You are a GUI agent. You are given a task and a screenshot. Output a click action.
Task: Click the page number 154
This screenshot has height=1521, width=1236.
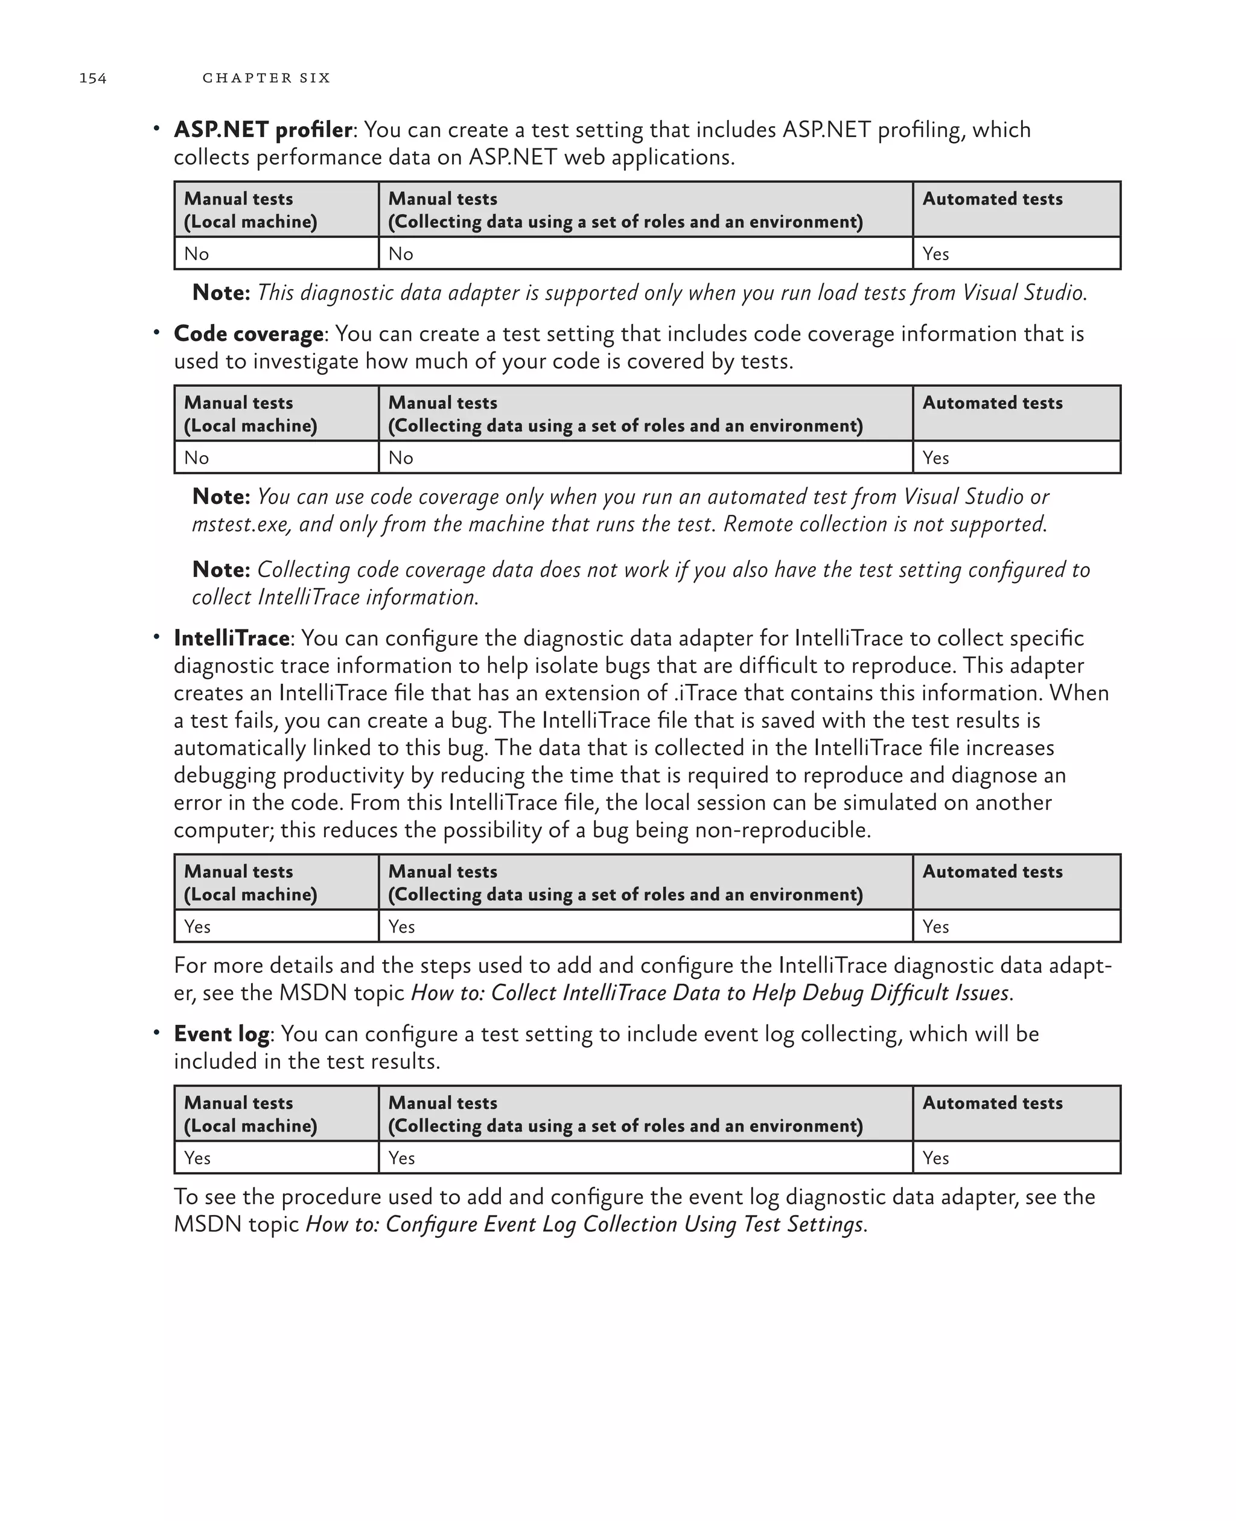[x=92, y=78]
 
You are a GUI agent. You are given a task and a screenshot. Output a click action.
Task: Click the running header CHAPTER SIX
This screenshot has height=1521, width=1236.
[x=266, y=78]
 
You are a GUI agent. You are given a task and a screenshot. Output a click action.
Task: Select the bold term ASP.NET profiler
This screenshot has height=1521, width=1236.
[x=263, y=130]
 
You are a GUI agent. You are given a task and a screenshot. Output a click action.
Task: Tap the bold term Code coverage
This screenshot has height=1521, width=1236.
[x=249, y=333]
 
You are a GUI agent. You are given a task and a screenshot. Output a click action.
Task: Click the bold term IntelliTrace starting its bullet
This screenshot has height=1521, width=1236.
[x=231, y=637]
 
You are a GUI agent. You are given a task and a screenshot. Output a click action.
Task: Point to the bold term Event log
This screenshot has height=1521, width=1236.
[x=221, y=1033]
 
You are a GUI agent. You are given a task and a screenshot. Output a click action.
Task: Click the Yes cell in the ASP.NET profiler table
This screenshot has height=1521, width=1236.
[x=935, y=253]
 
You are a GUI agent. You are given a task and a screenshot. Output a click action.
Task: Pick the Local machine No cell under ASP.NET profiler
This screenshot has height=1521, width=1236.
[x=197, y=253]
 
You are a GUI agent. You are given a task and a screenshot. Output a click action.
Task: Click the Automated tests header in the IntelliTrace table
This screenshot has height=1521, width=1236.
[x=993, y=872]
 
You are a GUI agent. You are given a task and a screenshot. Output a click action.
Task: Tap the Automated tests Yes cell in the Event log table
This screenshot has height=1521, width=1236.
[x=935, y=1158]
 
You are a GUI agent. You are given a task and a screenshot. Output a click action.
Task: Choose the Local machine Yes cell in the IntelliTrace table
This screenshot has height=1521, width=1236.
[x=197, y=926]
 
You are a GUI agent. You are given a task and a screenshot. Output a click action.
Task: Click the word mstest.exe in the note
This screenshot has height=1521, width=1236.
[x=241, y=524]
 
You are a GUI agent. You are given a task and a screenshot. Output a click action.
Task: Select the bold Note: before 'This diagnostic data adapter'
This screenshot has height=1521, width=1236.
[x=221, y=293]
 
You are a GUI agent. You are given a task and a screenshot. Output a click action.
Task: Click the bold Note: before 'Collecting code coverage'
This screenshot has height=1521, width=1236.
[x=221, y=570]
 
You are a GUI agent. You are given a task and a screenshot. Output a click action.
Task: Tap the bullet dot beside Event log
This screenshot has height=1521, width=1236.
[x=156, y=1031]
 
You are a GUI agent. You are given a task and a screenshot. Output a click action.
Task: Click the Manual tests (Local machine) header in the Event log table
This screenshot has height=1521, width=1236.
[x=250, y=1114]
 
